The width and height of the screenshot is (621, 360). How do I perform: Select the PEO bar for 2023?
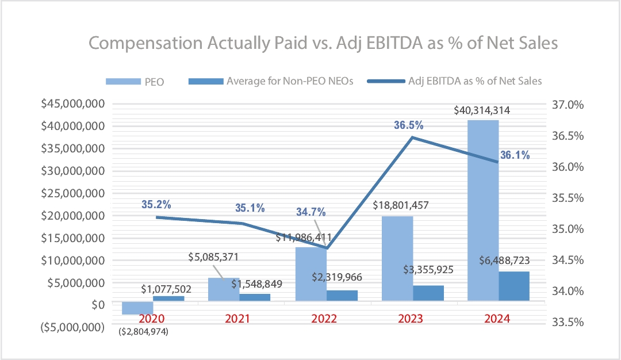pos(397,258)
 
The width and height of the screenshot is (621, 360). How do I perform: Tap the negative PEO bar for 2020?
pos(137,308)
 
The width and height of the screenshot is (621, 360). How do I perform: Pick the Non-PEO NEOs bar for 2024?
pos(514,286)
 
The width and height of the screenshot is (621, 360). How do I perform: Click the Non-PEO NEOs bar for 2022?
pos(342,295)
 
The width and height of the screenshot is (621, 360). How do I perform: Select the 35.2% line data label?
pos(156,204)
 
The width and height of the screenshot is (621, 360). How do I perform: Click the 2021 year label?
pos(237,318)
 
